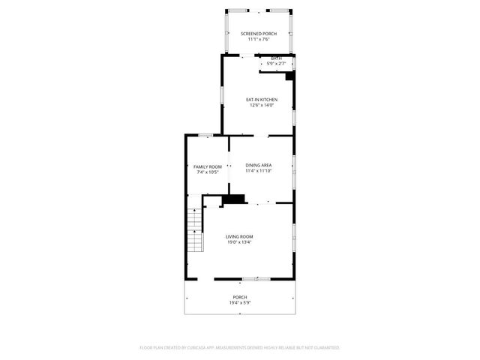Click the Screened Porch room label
pyautogui.click(x=258, y=34)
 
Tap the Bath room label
pyautogui.click(x=277, y=58)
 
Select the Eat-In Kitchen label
pyautogui.click(x=262, y=100)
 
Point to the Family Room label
pyautogui.click(x=208, y=166)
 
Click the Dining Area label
pyautogui.click(x=258, y=165)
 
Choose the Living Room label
pyautogui.click(x=239, y=236)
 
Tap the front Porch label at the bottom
pyautogui.click(x=239, y=297)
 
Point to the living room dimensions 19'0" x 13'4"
pyautogui.click(x=239, y=242)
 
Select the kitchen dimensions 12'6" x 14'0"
pyautogui.click(x=262, y=106)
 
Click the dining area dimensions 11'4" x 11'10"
pyautogui.click(x=258, y=171)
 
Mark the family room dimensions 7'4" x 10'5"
pyautogui.click(x=208, y=172)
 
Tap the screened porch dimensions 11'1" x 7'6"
pyautogui.click(x=258, y=40)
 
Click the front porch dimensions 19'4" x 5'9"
pyautogui.click(x=239, y=303)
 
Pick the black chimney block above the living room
pyautogui.click(x=235, y=199)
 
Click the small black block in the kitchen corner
pyautogui.click(x=290, y=75)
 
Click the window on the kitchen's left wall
pyautogui.click(x=221, y=95)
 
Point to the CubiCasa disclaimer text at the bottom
pyautogui.click(x=240, y=348)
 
